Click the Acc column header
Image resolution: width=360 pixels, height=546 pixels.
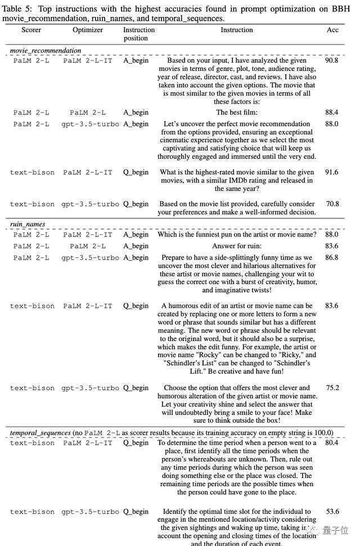[x=332, y=30]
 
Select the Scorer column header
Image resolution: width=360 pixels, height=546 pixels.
[x=31, y=30]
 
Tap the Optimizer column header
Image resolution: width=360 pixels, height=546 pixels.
[x=87, y=30]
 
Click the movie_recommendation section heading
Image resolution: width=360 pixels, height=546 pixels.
[x=46, y=51]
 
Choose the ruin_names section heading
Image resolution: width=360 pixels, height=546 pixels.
[x=28, y=225]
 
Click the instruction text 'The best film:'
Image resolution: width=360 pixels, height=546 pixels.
[x=236, y=113]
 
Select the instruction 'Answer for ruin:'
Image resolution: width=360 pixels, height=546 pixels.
[x=236, y=246]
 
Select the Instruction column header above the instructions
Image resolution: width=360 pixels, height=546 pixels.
[x=236, y=30]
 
